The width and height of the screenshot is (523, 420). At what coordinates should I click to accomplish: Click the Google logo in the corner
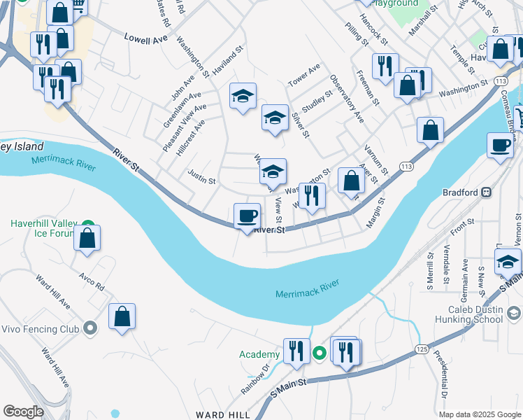click(x=23, y=412)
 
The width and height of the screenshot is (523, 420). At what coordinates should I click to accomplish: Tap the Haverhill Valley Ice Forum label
click(x=42, y=229)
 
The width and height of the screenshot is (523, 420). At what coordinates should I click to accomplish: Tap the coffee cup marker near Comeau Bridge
click(x=500, y=145)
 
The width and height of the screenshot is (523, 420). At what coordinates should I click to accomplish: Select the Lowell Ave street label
click(x=146, y=38)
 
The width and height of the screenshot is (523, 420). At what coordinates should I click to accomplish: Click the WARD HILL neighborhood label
click(x=223, y=414)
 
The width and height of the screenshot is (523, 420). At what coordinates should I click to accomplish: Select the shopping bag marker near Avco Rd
click(x=122, y=316)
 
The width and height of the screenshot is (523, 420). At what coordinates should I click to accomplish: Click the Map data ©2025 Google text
click(x=480, y=414)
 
